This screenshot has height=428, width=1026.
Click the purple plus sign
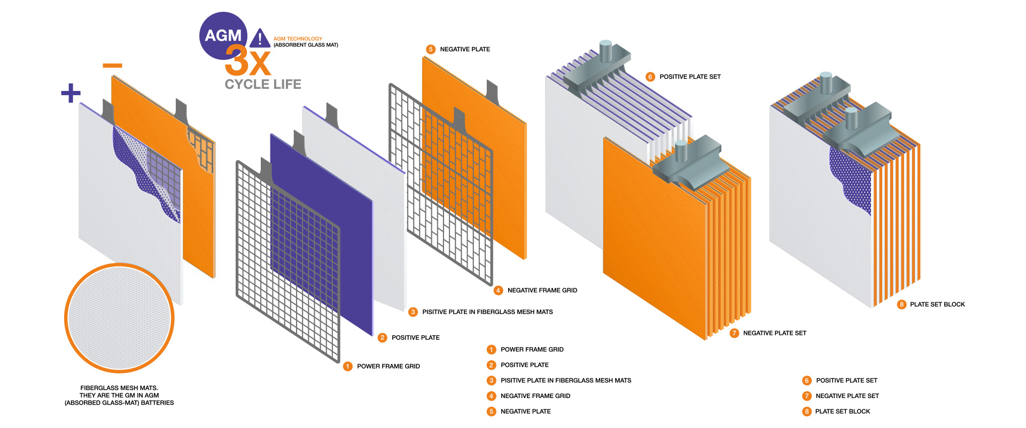[71, 93]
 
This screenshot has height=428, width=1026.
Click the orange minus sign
[112, 66]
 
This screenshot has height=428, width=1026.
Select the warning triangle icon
[260, 39]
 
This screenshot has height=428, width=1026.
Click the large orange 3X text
[247, 61]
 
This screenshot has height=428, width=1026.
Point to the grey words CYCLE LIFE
[263, 85]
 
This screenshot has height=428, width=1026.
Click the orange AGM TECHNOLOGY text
[298, 39]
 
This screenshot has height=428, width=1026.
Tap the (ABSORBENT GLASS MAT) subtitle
[306, 45]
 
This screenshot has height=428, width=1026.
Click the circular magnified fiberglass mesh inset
[119, 318]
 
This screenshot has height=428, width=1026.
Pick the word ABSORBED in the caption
[83, 403]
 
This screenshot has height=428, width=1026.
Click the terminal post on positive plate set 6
[605, 51]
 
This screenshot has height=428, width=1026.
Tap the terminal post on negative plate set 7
[681, 151]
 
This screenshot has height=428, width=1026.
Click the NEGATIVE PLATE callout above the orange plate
[464, 49]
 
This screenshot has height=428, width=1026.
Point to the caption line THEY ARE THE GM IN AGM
[119, 395]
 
